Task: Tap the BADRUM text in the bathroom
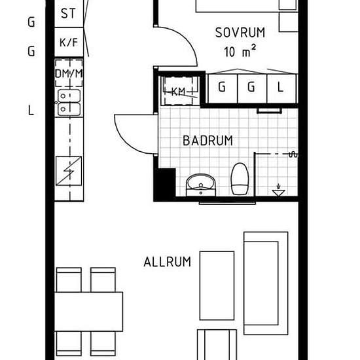tap(207, 141)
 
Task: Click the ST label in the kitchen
tap(67, 13)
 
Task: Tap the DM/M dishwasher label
tap(69, 73)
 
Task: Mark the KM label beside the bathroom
tap(178, 92)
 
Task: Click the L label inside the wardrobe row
tap(280, 86)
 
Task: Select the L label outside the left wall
tap(31, 111)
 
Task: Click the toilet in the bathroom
tap(239, 178)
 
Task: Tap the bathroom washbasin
tap(200, 184)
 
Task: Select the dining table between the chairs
tap(89, 311)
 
